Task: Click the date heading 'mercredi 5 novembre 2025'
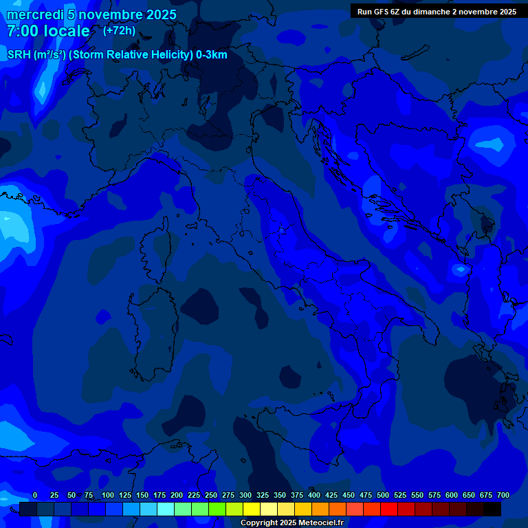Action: coord(91,14)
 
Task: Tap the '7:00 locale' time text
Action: coord(48,31)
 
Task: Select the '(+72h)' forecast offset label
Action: coord(119,31)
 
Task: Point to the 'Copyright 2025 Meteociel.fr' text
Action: coord(291,522)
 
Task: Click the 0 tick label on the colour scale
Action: coord(35,495)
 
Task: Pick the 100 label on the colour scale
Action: coord(108,495)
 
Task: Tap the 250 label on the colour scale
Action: coord(211,495)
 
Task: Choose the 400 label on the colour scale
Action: coord(314,495)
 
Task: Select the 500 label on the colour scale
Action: coord(383,495)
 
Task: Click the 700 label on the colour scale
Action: coord(503,495)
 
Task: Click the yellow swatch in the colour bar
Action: coord(252,509)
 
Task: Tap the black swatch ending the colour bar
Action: coord(492,509)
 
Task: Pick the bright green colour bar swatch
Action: coord(217,509)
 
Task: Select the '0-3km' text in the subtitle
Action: coord(212,56)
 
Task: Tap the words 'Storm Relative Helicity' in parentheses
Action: coord(131,56)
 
